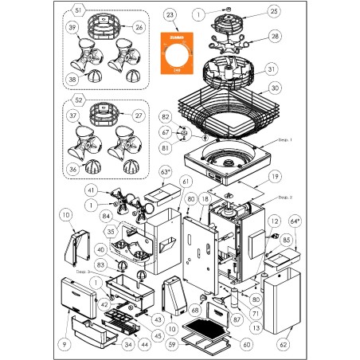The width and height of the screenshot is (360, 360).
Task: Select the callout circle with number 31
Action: click(272, 68)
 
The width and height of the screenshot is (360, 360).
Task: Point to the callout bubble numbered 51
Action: click(77, 10)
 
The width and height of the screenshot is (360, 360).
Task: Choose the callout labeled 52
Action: click(77, 102)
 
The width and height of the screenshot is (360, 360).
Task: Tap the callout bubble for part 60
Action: click(246, 344)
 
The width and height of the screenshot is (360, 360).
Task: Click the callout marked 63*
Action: click(166, 171)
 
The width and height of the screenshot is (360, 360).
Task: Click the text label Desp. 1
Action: click(286, 139)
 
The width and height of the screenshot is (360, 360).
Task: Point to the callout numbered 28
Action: click(275, 37)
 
